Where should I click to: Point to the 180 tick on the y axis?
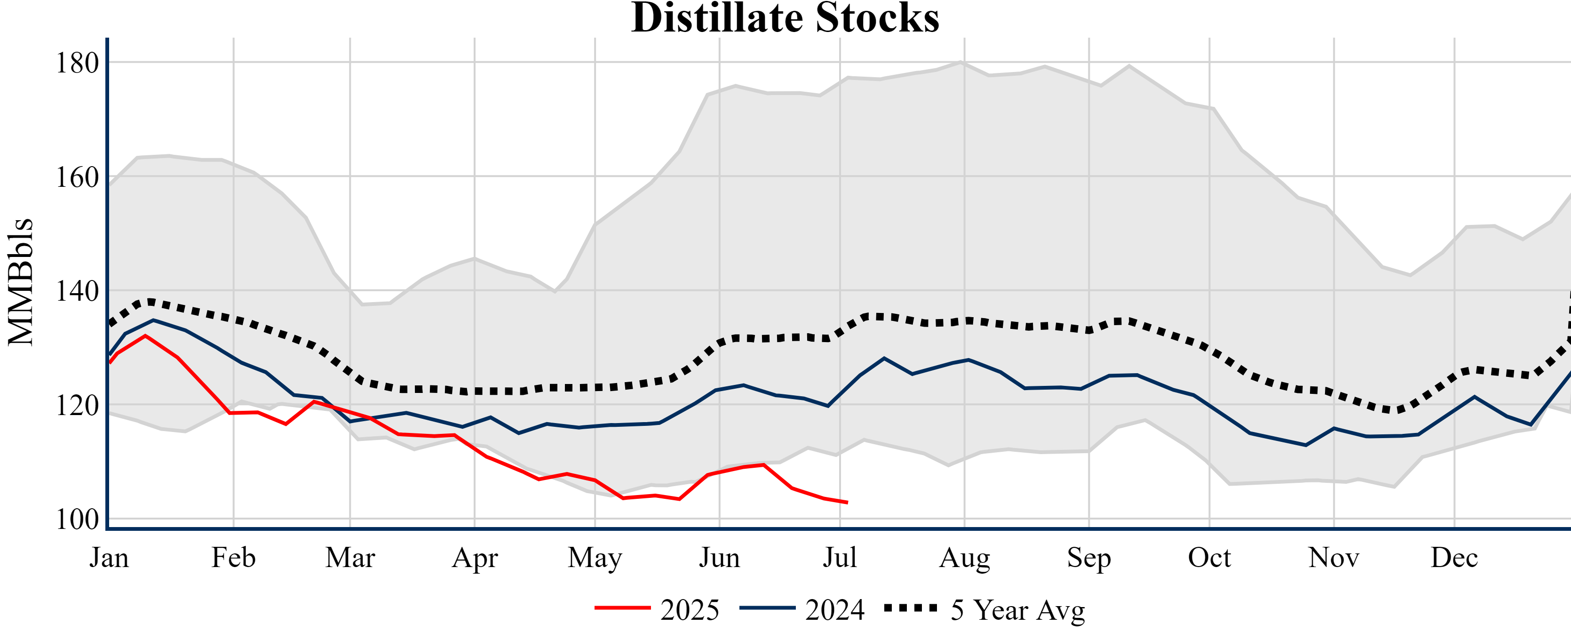point(77,63)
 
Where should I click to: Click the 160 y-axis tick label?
point(77,177)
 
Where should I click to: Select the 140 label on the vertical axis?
point(77,292)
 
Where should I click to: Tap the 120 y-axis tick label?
point(77,406)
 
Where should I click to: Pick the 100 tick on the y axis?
point(77,520)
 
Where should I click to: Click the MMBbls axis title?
point(21,282)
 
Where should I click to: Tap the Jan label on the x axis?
point(109,558)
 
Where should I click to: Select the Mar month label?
point(350,558)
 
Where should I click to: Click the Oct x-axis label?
point(1209,558)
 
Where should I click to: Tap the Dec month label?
point(1454,558)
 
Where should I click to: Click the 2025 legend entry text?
point(690,610)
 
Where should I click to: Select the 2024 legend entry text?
point(834,610)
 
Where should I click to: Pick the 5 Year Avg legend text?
point(1018,610)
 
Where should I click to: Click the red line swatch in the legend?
point(623,608)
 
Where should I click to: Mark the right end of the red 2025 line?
point(848,503)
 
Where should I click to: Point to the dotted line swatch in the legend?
point(911,608)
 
